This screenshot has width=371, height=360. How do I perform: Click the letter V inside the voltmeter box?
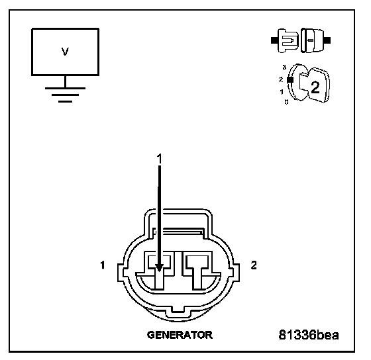click(65, 52)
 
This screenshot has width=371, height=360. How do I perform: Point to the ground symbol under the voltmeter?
click(65, 95)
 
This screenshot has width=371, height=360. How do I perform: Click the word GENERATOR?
click(180, 335)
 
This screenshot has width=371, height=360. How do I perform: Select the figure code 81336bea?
click(309, 335)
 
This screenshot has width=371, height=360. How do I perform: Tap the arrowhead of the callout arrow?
click(159, 267)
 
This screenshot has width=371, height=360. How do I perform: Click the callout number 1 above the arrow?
click(160, 159)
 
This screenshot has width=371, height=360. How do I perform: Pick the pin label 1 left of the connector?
click(102, 265)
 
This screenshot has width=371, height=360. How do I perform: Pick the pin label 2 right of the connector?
click(254, 265)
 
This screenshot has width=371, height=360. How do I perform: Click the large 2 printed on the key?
click(315, 87)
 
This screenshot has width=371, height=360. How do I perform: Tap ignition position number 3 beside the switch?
click(284, 67)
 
